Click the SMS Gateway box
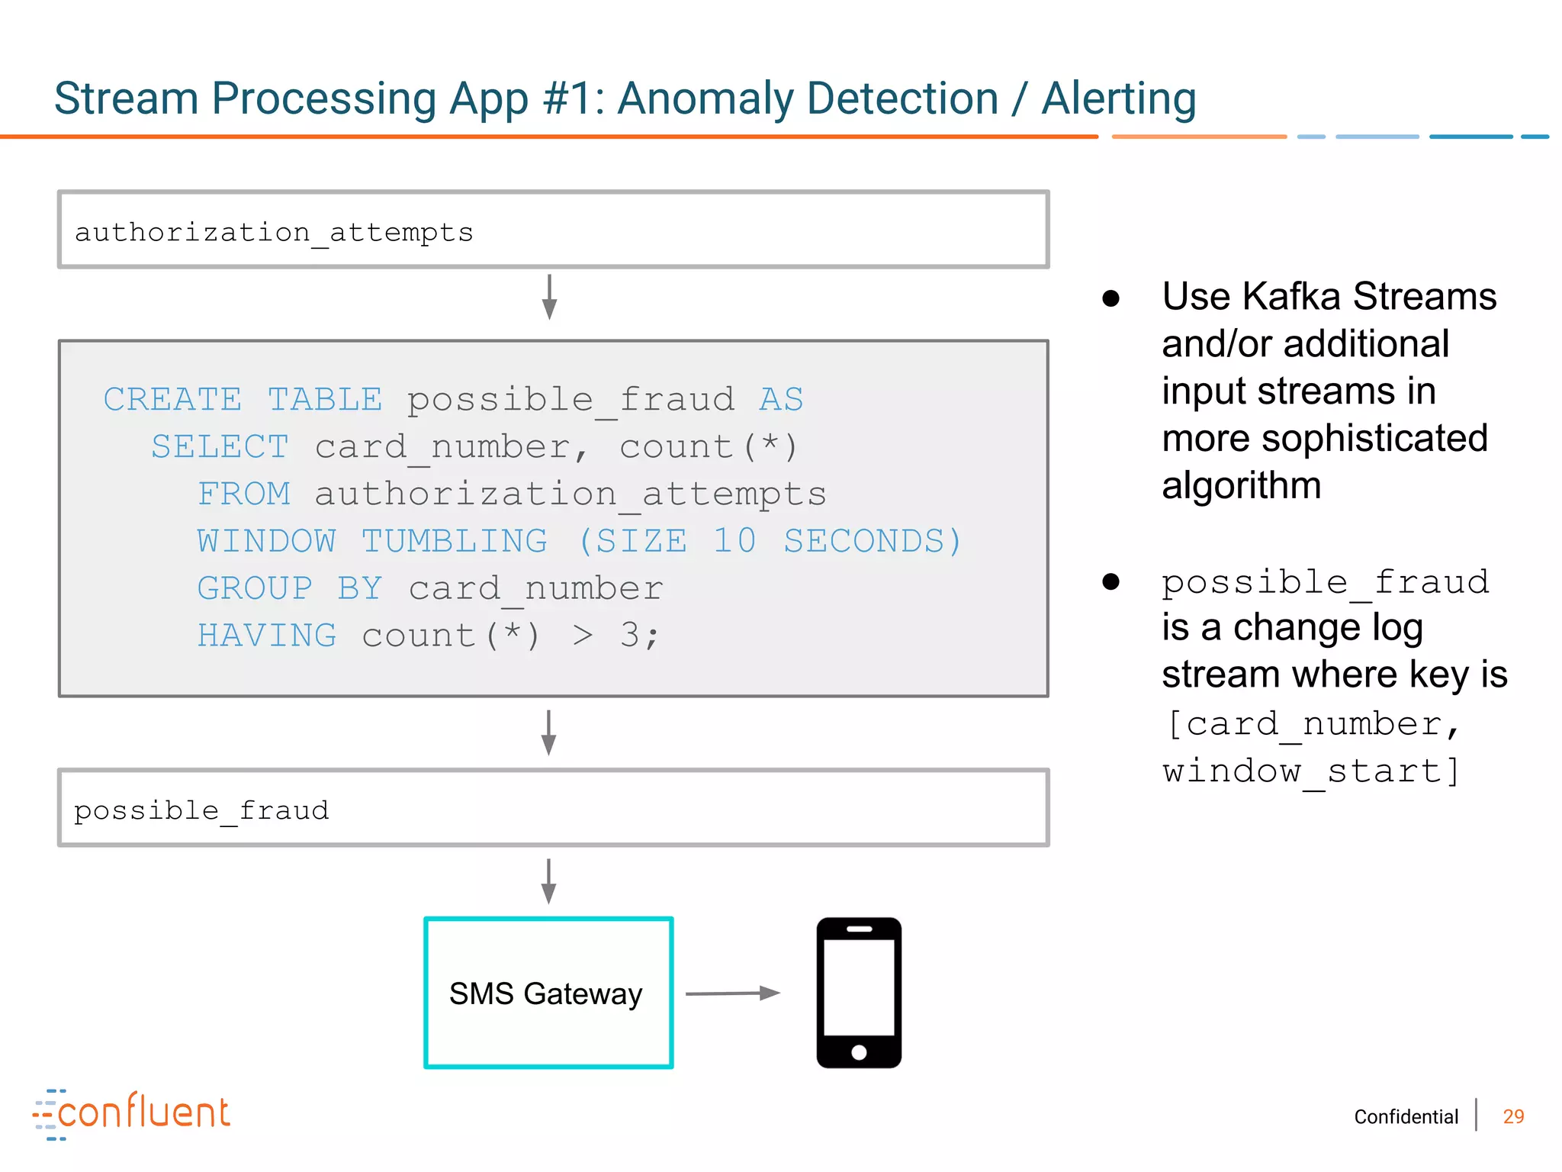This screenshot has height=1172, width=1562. click(548, 993)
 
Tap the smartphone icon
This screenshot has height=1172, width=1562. click(859, 992)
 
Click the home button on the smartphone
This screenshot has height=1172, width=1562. click(859, 1052)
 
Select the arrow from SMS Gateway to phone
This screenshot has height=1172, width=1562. click(732, 993)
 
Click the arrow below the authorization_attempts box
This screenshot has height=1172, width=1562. click(549, 297)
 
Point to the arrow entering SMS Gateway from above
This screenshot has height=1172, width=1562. click(548, 881)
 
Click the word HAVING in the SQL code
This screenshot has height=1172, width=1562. click(267, 636)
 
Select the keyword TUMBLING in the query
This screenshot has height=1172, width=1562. click(455, 541)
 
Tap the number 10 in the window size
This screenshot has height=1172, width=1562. click(734, 541)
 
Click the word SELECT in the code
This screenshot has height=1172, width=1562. click(220, 446)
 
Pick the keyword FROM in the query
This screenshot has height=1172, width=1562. click(244, 494)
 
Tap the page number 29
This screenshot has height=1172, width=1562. click(1513, 1117)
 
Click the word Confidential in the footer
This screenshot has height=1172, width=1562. click(1406, 1117)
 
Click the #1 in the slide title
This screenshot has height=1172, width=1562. click(569, 99)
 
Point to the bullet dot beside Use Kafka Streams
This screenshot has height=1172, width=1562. click(1111, 298)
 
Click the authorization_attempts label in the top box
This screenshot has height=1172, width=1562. click(274, 232)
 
